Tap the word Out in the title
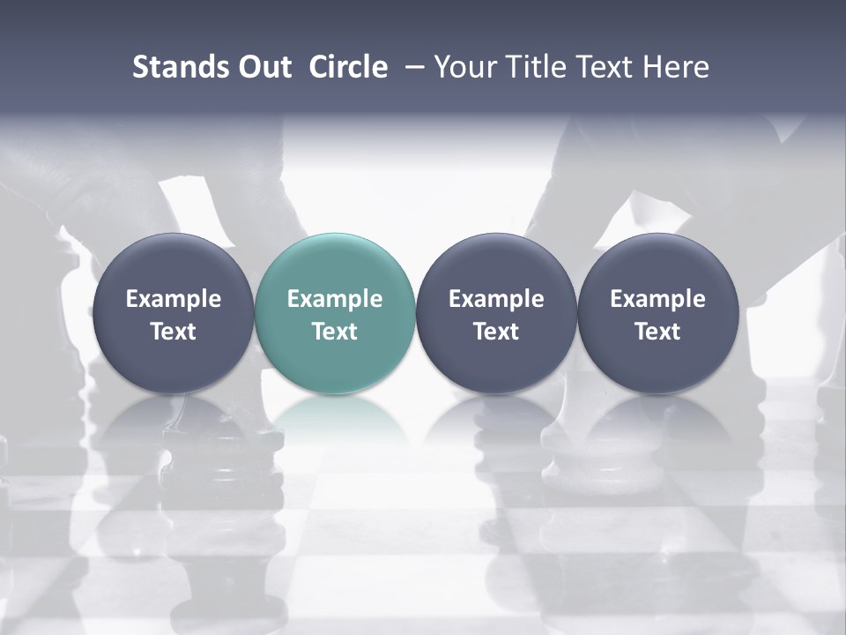click(262, 67)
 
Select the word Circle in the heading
click(348, 67)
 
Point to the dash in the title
click(412, 68)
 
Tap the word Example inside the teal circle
click(335, 299)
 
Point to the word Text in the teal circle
click(335, 332)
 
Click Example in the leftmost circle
click(173, 299)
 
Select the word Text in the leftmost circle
click(173, 332)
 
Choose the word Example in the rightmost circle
click(657, 299)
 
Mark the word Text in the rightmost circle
click(657, 332)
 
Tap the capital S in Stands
click(139, 67)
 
